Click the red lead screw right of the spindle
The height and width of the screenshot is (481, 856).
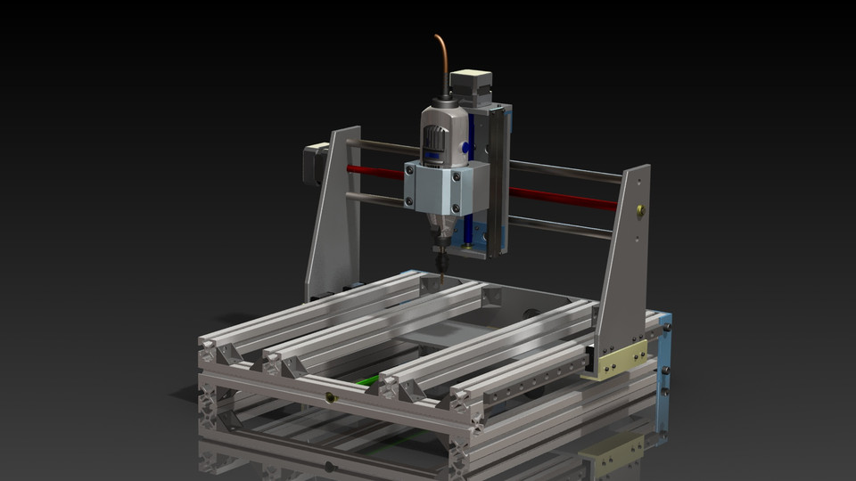coord(562,197)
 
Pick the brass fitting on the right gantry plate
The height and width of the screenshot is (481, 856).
coord(638,211)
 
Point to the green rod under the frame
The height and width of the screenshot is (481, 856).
coord(368,381)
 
